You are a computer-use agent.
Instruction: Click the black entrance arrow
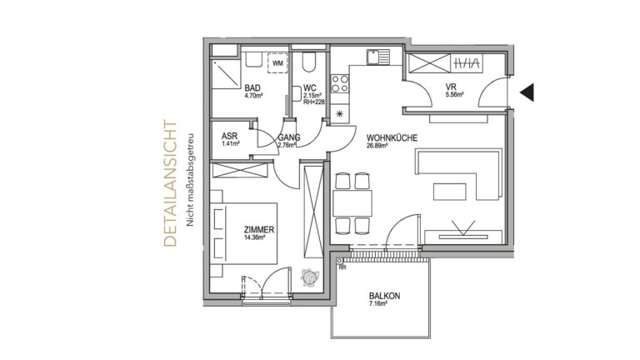pos(527,92)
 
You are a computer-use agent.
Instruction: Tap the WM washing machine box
pos(277,63)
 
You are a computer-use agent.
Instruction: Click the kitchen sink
pos(378,57)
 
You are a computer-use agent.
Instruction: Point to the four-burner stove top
pos(340,83)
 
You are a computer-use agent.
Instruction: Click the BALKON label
pos(384,296)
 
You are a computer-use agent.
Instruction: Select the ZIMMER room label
pos(259,230)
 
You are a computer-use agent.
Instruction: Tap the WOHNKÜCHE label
pos(392,138)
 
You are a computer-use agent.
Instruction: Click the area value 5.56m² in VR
pos(454,95)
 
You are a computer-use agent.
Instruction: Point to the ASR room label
pos(229,136)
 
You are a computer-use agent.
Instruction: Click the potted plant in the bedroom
pos(310,277)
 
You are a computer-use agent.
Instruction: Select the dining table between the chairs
pos(352,203)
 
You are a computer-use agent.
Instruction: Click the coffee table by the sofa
pos(449,192)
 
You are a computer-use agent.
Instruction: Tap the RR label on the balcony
pos(342,267)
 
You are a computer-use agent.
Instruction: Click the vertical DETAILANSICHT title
pos(170,183)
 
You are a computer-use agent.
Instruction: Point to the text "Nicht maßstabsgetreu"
pos(189,180)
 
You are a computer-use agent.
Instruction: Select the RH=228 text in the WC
pos(314,102)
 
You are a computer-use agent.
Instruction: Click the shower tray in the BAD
pos(226,73)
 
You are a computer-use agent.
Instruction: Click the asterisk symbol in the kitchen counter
pos(340,114)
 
